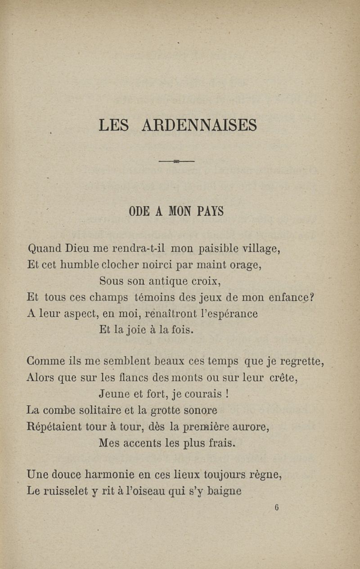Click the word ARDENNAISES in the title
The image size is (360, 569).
[x=199, y=125]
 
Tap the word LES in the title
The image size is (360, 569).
[x=114, y=125]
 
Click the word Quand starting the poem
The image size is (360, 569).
[x=44, y=248]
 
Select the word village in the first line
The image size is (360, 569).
[x=261, y=248]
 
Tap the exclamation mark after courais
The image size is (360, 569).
[x=228, y=394]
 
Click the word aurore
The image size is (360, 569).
[x=251, y=427]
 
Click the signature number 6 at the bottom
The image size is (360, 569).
[x=276, y=507]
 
